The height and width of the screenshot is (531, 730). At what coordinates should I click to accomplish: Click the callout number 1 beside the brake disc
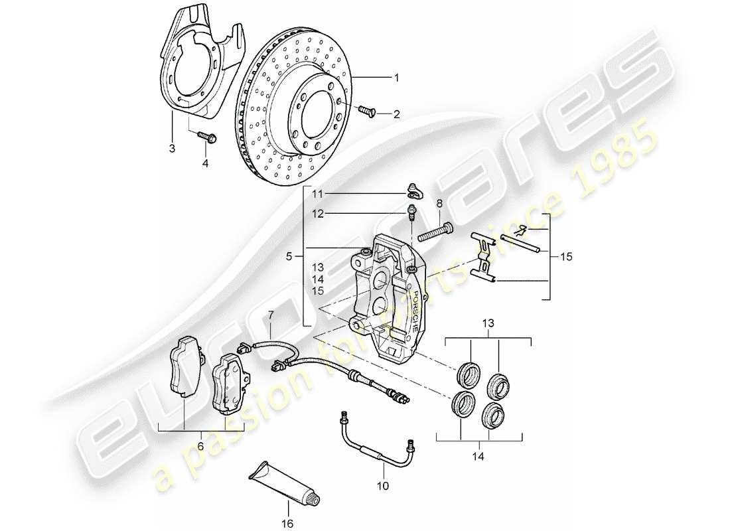396,78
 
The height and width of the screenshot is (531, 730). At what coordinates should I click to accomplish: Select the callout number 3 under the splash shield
172,149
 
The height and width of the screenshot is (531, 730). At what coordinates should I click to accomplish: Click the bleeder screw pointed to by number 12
411,214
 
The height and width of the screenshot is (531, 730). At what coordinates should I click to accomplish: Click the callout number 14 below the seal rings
478,457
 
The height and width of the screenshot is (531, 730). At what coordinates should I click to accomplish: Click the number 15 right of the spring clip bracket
565,256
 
